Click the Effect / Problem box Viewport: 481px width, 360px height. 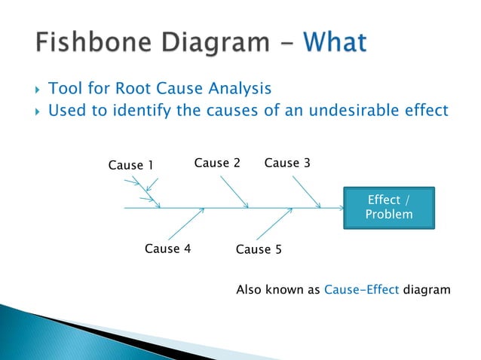coord(388,207)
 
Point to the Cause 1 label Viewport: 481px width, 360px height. coord(130,165)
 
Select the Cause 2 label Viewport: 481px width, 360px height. coord(217,163)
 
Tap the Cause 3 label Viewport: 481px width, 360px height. coord(286,163)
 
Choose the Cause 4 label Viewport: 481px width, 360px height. coord(167,249)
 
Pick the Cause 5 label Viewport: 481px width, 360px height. coord(259,249)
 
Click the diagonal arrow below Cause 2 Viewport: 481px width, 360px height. coord(234,191)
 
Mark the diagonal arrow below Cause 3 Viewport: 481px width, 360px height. coord(305,191)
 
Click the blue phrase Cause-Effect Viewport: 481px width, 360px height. coord(361,289)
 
